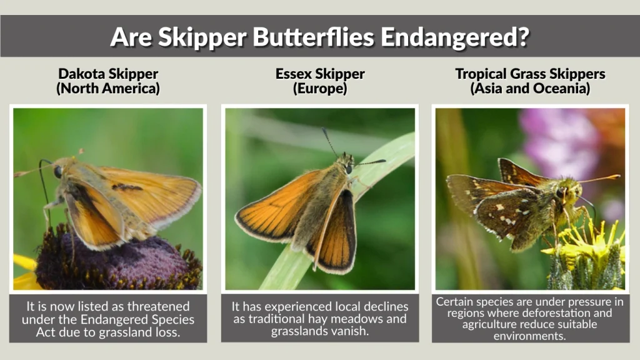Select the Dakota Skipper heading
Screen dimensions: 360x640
click(108, 74)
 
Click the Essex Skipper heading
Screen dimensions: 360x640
click(320, 74)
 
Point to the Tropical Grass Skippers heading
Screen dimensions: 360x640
click(530, 74)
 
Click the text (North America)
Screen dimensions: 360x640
click(108, 89)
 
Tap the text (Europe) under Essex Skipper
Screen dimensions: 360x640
click(320, 89)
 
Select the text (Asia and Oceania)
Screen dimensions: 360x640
click(530, 89)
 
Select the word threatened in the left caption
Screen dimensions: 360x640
click(159, 306)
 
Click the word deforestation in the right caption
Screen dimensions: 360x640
click(561, 312)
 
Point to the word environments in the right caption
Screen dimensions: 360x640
click(530, 336)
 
